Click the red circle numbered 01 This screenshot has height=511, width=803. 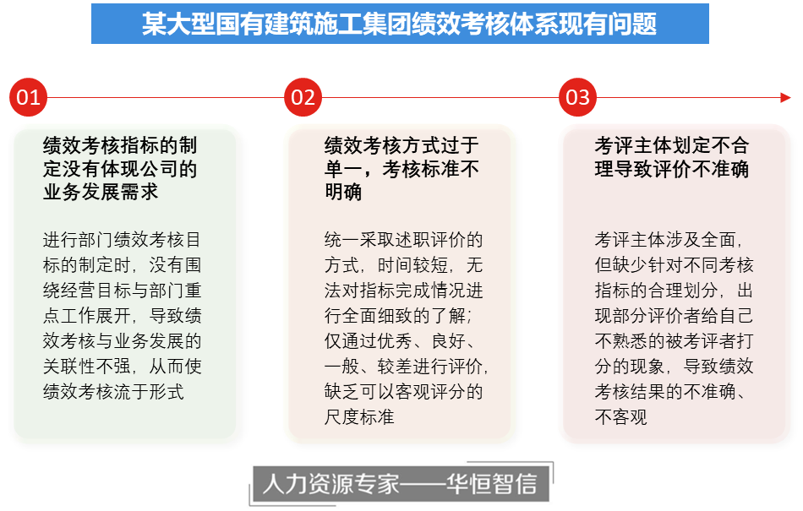pos(28,97)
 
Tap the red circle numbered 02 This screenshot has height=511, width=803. pos(303,97)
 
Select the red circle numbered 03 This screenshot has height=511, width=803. pos(577,97)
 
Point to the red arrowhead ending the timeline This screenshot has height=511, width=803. pos(785,98)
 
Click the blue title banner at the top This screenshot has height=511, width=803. pos(400,24)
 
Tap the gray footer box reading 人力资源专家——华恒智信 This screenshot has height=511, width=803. pos(401,483)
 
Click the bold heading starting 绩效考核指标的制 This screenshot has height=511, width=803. pos(120,169)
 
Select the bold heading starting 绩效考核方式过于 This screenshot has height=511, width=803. pos(401,169)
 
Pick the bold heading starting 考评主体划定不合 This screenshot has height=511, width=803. pos(672,157)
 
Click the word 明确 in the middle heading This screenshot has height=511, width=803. pos(343,193)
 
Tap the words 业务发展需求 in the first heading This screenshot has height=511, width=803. pos(101,193)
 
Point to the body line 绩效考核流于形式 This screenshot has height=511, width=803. pos(113,392)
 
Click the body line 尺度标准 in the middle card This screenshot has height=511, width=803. pos(359,417)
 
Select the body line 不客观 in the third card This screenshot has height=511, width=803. pos(620,417)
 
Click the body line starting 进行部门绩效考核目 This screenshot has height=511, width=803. pos(122,239)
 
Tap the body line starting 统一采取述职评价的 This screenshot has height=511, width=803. pos(403,239)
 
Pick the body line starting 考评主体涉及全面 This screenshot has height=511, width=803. pos(669,239)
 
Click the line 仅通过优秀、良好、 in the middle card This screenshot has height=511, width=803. pos(401,341)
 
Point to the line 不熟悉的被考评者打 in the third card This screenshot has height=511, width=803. pos(674,341)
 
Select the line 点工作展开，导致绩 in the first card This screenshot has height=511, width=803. pos(122,316)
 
